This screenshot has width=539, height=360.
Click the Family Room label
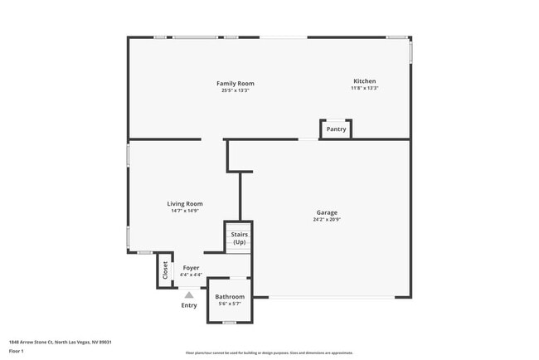235,83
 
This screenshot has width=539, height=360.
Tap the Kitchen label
365,81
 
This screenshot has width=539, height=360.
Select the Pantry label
336,129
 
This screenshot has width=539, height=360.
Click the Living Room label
185,203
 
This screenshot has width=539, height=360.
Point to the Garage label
327,212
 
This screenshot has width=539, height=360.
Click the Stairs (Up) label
239,238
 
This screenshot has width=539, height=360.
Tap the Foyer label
191,268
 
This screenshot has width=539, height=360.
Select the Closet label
165,270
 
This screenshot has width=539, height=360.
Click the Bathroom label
230,296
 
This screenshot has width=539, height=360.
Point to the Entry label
189,305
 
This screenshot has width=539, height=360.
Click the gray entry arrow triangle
189,293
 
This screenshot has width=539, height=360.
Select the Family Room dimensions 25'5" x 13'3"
235,90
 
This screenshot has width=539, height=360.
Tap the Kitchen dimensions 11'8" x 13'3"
365,88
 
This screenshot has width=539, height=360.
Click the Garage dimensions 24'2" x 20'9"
327,220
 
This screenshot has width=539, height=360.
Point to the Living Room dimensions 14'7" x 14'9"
185,211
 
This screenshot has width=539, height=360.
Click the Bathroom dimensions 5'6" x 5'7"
230,304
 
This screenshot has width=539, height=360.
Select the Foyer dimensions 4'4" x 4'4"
191,275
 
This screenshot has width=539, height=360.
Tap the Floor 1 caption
17,351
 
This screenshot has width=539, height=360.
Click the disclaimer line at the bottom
269,353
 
